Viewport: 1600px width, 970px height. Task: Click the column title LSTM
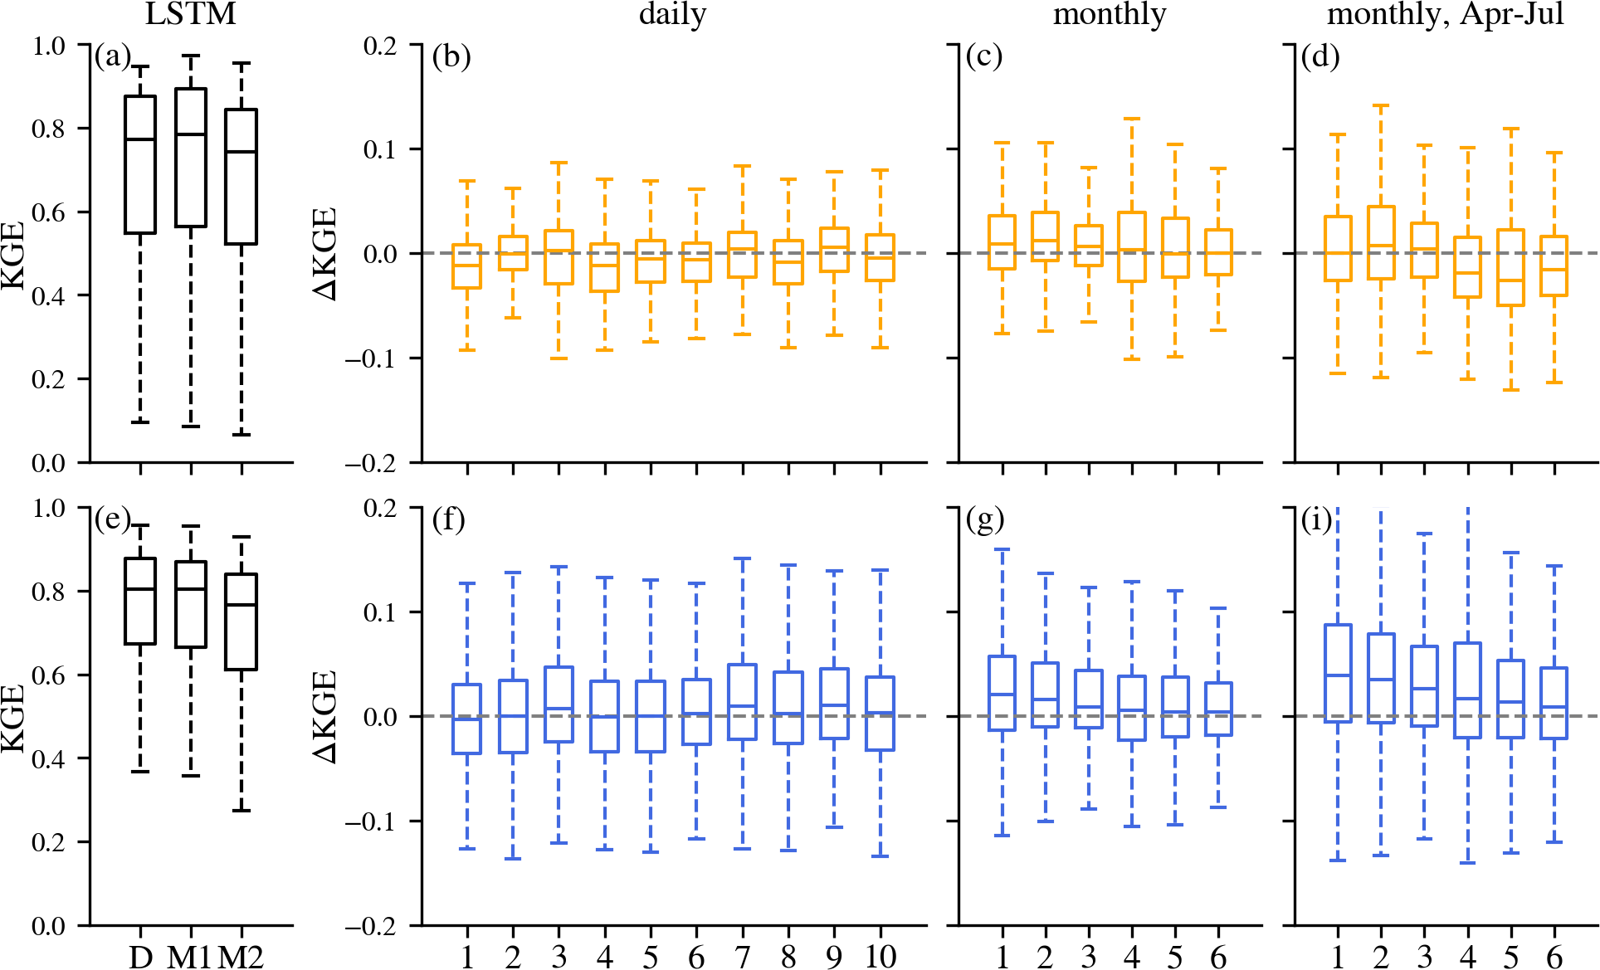point(190,14)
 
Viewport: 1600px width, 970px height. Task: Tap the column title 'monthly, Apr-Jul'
point(1446,14)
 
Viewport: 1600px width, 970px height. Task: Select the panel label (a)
point(112,56)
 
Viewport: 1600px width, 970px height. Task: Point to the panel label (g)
point(985,519)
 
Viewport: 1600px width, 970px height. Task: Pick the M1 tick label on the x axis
point(190,957)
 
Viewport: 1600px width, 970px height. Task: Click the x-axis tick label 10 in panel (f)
point(880,957)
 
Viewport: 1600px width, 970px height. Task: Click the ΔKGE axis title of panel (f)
point(325,716)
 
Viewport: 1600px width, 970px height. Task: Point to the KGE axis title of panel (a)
point(13,254)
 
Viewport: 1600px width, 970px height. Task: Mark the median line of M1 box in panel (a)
point(191,134)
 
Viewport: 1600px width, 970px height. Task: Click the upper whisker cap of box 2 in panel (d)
point(1381,105)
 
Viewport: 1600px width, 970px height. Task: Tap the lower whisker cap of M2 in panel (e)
point(241,810)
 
